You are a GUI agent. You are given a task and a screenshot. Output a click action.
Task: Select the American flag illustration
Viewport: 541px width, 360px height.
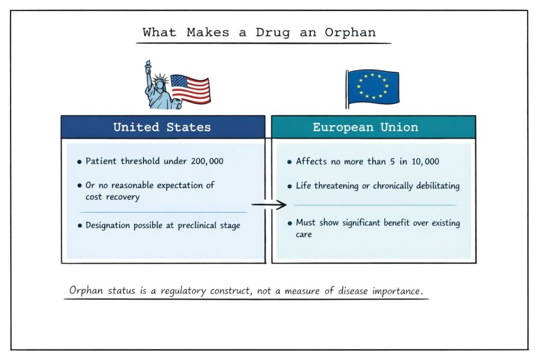(191, 89)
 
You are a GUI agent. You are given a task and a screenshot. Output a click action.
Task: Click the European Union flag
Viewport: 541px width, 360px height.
(373, 87)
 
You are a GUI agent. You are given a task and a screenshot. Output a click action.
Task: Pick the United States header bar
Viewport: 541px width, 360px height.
(163, 127)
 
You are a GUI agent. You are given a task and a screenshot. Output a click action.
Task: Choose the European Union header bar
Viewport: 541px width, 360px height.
(373, 127)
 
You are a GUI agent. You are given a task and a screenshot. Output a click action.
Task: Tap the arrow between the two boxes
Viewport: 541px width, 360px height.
(268, 204)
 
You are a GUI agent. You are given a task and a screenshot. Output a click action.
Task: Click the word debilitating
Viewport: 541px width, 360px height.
(434, 186)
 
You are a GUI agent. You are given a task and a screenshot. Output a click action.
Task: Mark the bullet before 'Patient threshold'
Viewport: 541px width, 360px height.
(79, 162)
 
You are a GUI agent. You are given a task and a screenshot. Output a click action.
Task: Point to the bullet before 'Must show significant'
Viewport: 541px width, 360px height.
(290, 224)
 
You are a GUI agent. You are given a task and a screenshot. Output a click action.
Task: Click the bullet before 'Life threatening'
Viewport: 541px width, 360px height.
(290, 187)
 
